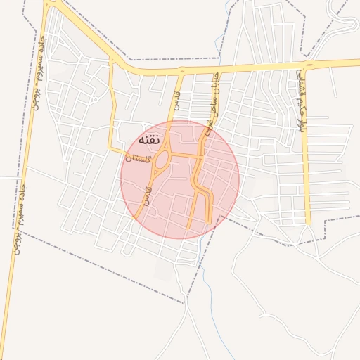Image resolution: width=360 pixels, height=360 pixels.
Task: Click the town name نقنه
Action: [151, 140]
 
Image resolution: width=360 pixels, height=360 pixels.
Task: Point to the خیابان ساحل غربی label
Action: [212, 102]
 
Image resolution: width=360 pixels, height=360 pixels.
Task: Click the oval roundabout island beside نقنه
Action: [162, 161]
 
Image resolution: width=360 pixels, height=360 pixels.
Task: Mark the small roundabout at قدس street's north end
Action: [181, 71]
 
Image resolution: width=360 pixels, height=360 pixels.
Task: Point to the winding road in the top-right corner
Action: [345, 28]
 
